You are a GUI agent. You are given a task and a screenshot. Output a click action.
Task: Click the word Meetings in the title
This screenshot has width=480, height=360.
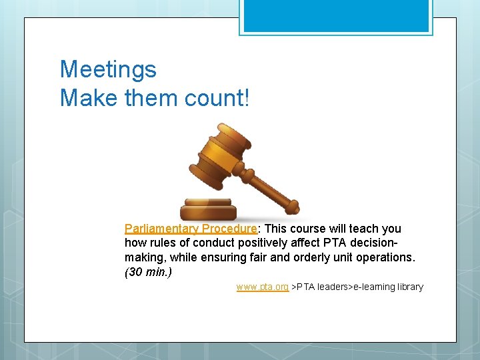pyautogui.click(x=108, y=69)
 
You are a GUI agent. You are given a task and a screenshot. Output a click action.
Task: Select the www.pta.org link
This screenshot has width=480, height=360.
pyautogui.click(x=262, y=287)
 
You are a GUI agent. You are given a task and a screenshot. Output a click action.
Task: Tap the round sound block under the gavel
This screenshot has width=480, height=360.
pyautogui.click(x=209, y=209)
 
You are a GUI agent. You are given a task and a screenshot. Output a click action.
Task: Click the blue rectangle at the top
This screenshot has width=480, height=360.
pyautogui.click(x=336, y=15)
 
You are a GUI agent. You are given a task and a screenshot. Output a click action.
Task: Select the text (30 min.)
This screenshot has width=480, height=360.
pyautogui.click(x=148, y=272)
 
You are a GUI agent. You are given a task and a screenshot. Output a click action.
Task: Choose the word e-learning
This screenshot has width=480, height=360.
pyautogui.click(x=365, y=287)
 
